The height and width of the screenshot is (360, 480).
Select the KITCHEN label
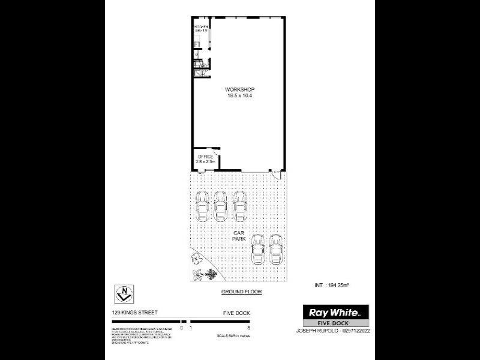coord(200,28)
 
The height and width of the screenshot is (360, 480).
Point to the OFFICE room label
coord(206,157)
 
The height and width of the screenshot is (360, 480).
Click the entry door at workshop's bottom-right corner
coord(277,173)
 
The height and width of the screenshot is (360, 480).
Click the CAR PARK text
coord(239,235)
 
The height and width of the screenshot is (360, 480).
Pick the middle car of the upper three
coord(221,205)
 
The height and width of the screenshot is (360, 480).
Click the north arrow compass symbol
coord(123,295)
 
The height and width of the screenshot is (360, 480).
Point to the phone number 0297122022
coord(354,330)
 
